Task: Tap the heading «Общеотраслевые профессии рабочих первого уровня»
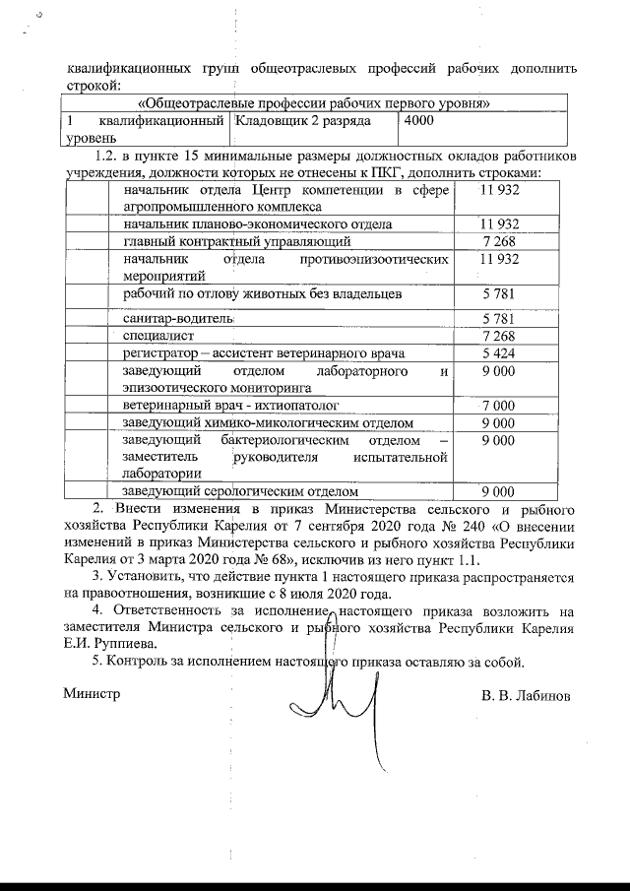(315, 102)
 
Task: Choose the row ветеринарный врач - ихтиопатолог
(230, 405)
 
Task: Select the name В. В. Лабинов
(525, 695)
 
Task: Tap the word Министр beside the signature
(92, 693)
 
